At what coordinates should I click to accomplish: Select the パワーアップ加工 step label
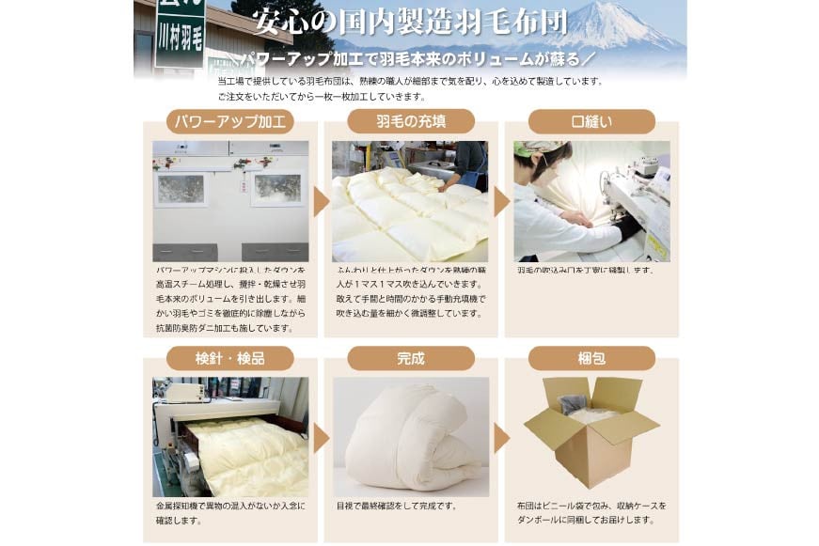coord(230,121)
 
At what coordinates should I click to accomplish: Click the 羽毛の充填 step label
coord(411,121)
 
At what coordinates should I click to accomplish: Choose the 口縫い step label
coord(591,121)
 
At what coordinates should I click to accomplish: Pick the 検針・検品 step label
coord(230,358)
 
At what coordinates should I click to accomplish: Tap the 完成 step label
coord(411,358)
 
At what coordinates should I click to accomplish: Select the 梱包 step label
coord(591,358)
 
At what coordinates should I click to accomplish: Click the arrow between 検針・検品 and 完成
coord(321,437)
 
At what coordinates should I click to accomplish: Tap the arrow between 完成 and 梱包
coord(501,437)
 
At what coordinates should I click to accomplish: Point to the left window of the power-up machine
coord(180,189)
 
